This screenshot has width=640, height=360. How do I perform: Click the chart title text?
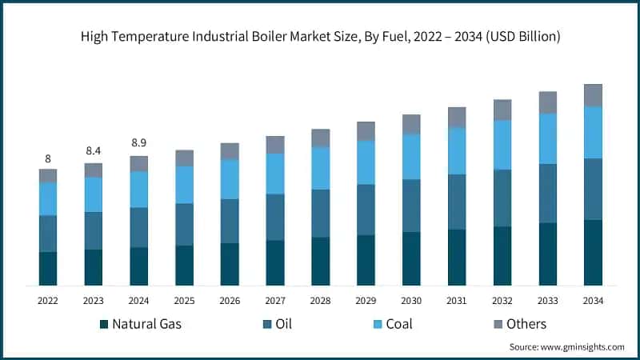pyautogui.click(x=320, y=38)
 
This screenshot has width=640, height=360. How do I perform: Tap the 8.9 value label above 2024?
pyautogui.click(x=139, y=143)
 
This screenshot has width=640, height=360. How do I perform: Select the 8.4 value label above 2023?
pyautogui.click(x=94, y=150)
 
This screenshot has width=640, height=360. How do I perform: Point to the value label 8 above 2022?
pyautogui.click(x=48, y=158)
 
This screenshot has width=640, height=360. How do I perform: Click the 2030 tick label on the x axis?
pyautogui.click(x=411, y=300)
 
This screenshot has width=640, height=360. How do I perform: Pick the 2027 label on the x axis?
pyautogui.click(x=275, y=300)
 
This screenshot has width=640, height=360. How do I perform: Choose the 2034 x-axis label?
pyautogui.click(x=593, y=300)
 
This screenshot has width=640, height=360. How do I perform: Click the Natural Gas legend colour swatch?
pyautogui.click(x=104, y=325)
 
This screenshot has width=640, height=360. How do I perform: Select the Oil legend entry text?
pyautogui.click(x=283, y=324)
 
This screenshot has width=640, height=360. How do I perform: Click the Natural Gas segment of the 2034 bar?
pyautogui.click(x=593, y=252)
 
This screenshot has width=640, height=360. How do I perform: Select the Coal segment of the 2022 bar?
pyautogui.click(x=48, y=198)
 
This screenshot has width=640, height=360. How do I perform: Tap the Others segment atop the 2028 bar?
pyautogui.click(x=321, y=138)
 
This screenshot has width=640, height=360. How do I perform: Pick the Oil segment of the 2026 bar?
pyautogui.click(x=230, y=221)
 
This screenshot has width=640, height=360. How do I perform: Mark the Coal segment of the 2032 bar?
pyautogui.click(x=502, y=145)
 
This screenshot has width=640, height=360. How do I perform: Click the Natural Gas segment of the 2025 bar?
pyautogui.click(x=184, y=265)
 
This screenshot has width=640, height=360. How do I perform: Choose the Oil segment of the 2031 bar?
pyautogui.click(x=457, y=202)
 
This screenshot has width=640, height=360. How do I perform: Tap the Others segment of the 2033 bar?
pyautogui.click(x=547, y=102)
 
